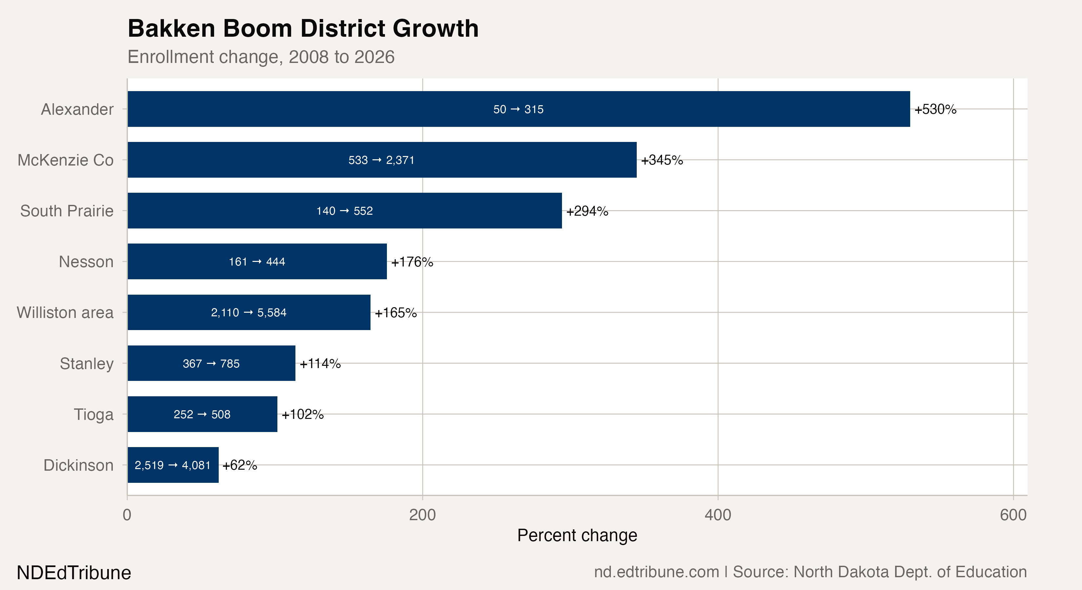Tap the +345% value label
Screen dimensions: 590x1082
662,160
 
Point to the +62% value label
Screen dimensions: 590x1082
239,465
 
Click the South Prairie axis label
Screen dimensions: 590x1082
67,211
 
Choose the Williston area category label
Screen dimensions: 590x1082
65,312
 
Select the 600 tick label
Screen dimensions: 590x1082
1013,515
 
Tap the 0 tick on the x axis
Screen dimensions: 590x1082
127,515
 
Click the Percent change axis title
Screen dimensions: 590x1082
577,535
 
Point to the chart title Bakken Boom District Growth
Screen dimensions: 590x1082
303,29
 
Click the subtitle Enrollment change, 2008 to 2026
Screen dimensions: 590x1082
261,57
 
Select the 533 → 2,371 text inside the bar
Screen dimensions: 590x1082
381,160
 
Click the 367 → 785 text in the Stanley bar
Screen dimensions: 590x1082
211,363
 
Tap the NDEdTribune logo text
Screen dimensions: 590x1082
74,573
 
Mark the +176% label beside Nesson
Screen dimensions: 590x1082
412,262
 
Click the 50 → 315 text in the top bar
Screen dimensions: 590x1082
518,109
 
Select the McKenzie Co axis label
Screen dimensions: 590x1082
66,160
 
